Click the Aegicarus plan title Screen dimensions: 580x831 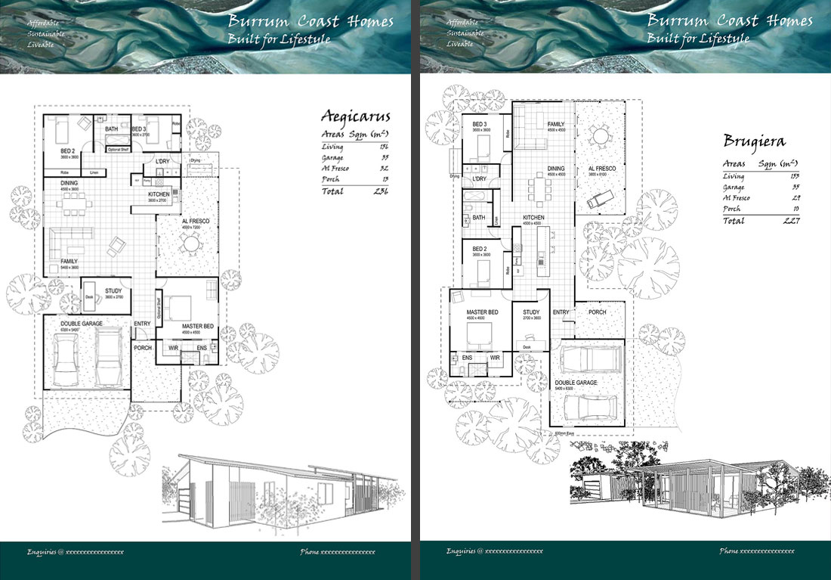click(x=356, y=116)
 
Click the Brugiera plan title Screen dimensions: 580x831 click(x=755, y=141)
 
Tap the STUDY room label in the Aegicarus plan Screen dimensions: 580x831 click(x=113, y=290)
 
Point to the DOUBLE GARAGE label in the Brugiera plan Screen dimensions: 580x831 click(x=576, y=383)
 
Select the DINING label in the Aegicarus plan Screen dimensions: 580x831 click(x=70, y=182)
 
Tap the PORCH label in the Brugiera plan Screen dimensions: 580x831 click(x=597, y=312)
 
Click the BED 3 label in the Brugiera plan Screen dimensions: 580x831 click(x=480, y=124)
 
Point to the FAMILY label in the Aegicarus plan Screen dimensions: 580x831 click(x=70, y=261)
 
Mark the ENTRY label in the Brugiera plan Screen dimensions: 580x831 click(x=561, y=312)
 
